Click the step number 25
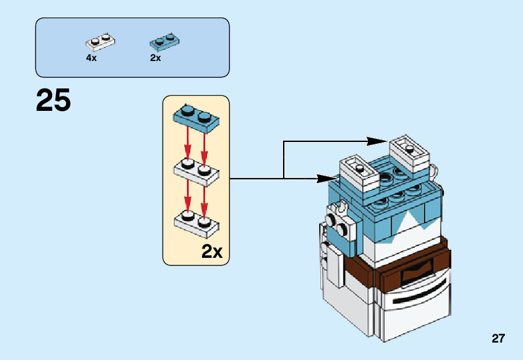[x=54, y=100]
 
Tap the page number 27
[x=497, y=339]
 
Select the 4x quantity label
[x=91, y=58]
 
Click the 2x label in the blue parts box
[x=155, y=58]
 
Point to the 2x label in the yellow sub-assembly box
[x=212, y=252]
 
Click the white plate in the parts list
[x=100, y=42]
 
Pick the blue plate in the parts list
[x=165, y=42]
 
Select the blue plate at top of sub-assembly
[x=195, y=118]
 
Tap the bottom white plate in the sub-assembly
[x=195, y=223]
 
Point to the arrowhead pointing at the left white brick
[x=322, y=179]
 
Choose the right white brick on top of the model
[x=409, y=151]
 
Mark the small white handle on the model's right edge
[x=435, y=169]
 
